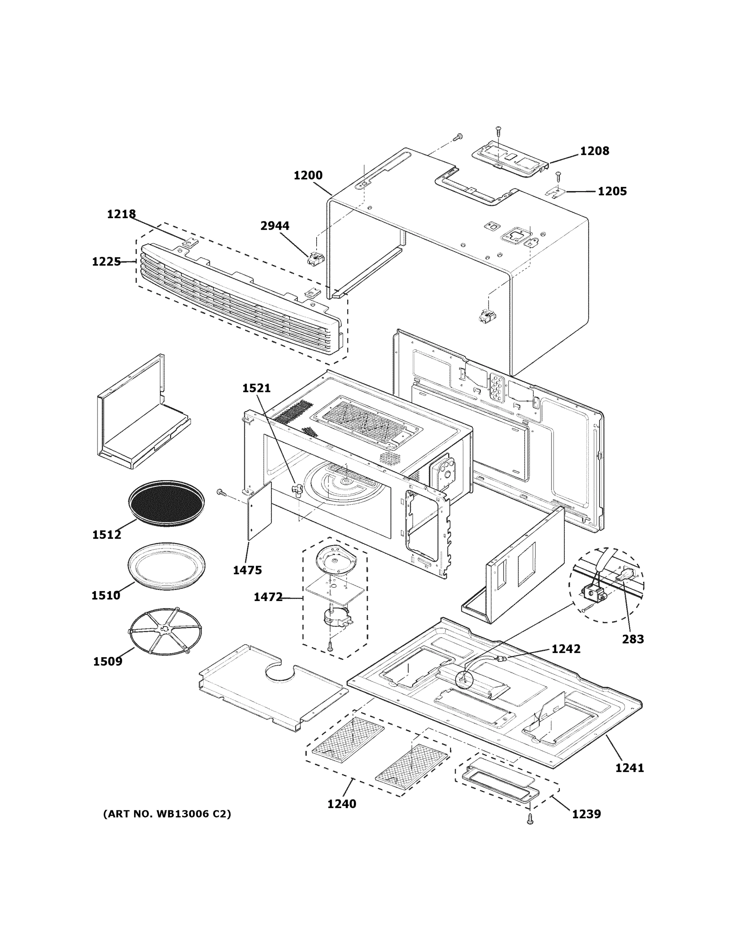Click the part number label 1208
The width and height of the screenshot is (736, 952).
pos(594,151)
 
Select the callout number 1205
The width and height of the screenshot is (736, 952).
pos(612,191)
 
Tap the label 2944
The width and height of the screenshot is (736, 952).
pos(275,226)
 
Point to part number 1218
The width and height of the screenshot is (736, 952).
pos(121,214)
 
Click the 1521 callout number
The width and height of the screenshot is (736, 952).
pos(256,388)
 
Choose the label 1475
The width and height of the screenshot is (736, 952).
pos(247,570)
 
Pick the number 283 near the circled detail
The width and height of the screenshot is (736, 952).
pos(633,639)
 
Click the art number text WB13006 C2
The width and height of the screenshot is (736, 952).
pos(167,814)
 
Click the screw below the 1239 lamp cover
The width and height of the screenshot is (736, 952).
pos(530,820)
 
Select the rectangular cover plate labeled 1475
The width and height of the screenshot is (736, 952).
pos(259,511)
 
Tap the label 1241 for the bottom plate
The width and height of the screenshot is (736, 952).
pos(629,768)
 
